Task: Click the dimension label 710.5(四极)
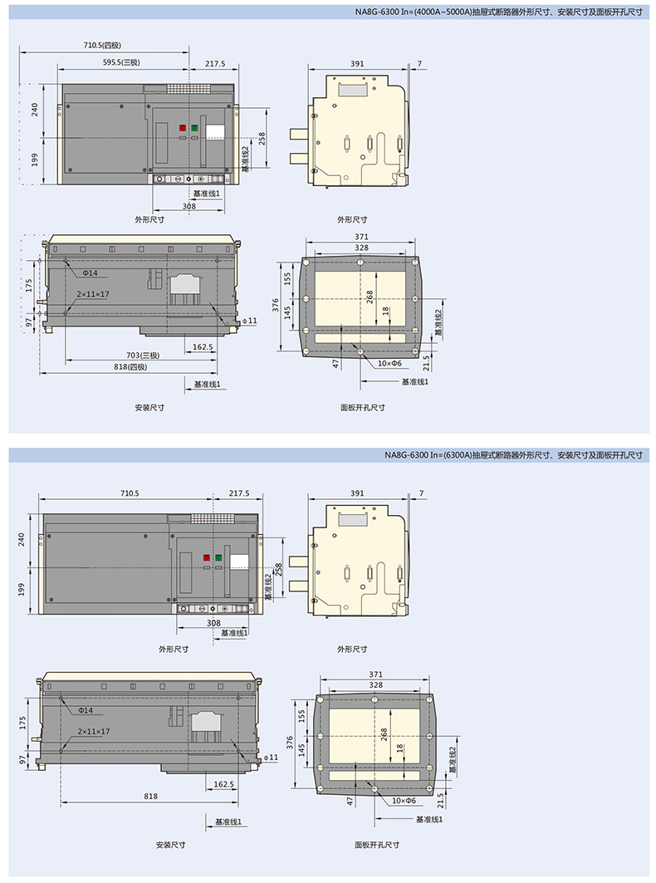coord(102,45)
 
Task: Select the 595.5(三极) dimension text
coord(121,62)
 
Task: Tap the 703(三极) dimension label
coord(143,356)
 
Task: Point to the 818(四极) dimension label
coord(130,366)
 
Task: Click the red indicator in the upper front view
coord(183,129)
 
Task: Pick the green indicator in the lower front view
coord(218,558)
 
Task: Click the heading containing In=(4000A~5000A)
coord(498,12)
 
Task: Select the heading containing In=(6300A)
coord(513,455)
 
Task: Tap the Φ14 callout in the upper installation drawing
coord(90,273)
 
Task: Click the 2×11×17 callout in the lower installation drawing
coord(94,732)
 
